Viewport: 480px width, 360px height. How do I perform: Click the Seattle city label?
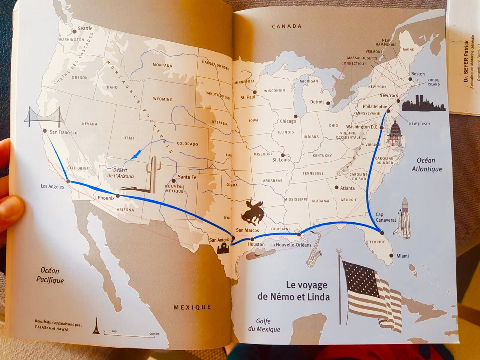85,28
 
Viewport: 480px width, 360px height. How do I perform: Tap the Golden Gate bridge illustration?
44,117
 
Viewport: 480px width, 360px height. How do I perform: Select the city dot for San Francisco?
45,131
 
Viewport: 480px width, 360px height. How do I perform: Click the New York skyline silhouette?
423,104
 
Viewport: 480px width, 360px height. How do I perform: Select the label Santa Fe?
187,177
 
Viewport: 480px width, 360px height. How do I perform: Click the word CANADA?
286,26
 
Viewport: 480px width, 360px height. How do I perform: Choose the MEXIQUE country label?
192,307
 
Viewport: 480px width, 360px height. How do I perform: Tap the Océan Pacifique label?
50,275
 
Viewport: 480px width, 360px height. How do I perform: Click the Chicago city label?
288,121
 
